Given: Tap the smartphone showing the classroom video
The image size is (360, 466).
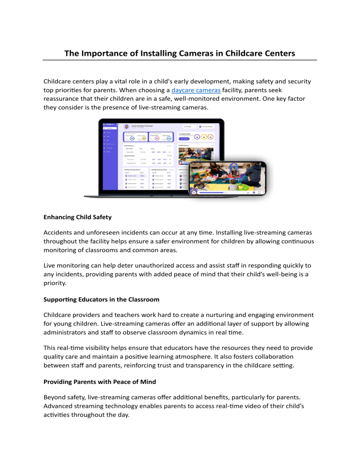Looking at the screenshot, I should point(227,178).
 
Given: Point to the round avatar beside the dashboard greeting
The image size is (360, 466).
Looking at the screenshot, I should point(127,127).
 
